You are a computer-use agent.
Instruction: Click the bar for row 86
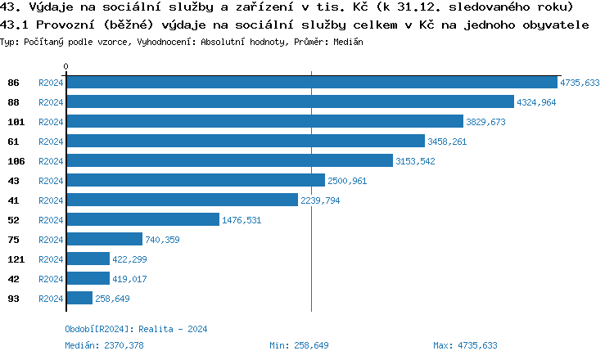pos(312,83)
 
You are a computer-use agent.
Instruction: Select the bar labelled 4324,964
pos(290,102)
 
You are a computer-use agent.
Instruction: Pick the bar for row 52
pos(143,220)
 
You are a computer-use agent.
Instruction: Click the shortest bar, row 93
pos(79,299)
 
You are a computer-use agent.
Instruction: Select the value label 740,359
pos(162,240)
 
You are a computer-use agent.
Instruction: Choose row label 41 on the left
pos(14,200)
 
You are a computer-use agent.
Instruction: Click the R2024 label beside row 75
pos(51,240)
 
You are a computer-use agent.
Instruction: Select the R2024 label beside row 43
pos(51,181)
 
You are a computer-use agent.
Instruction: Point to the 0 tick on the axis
pos(66,66)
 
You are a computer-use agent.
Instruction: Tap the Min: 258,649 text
pos(299,345)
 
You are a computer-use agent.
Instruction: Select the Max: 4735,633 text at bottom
pos(465,345)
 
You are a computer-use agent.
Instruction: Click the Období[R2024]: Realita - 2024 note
pos(136,329)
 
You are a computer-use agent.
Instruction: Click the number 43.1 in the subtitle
pos(14,25)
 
